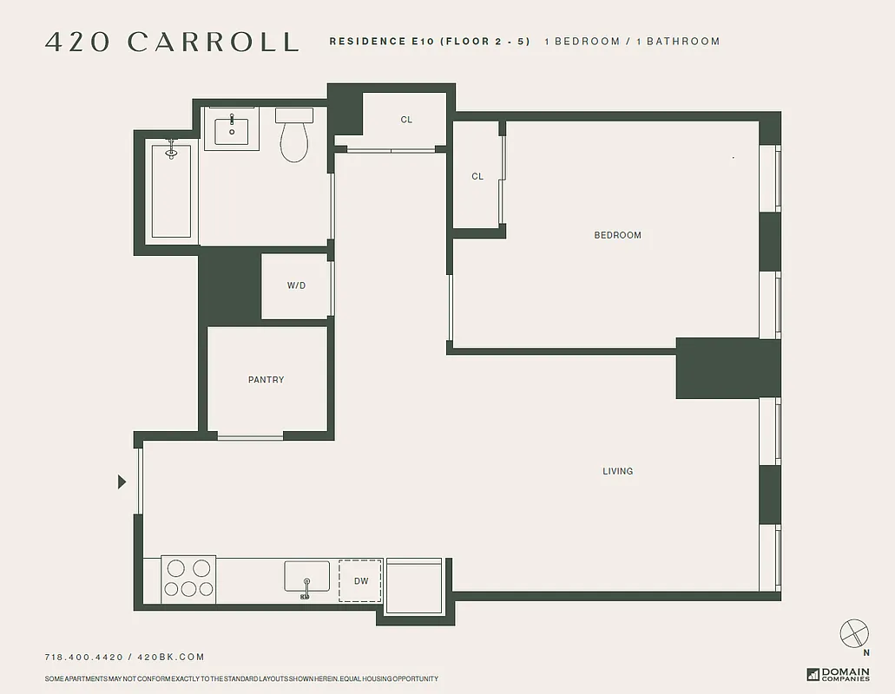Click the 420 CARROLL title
172,42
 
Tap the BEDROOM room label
617,235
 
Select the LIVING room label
617,471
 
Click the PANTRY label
266,380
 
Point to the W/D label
296,285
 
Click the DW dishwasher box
360,581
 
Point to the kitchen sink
306,577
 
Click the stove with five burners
188,579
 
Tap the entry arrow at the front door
122,481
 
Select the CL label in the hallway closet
406,120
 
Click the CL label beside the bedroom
477,177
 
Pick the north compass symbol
854,633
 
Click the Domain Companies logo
838,674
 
